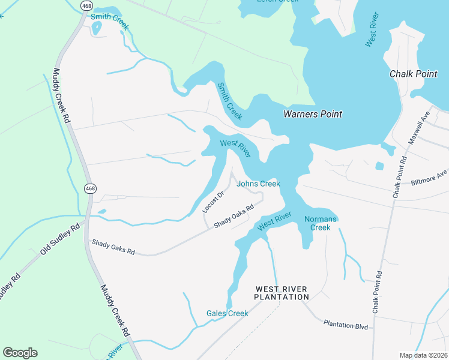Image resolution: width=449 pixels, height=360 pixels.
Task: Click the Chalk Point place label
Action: click(x=414, y=74)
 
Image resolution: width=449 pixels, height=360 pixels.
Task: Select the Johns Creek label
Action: click(x=258, y=184)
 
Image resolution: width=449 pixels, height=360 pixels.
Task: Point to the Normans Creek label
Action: click(x=321, y=223)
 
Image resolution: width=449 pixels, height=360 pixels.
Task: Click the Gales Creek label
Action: click(x=227, y=313)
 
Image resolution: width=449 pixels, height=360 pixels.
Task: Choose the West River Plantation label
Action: click(x=281, y=293)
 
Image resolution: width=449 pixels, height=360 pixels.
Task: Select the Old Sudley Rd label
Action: click(x=61, y=239)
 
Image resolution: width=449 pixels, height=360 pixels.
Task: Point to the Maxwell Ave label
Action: click(x=420, y=127)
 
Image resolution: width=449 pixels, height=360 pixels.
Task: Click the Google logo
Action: click(x=20, y=353)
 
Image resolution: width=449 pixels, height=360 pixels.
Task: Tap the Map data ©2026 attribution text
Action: click(x=424, y=355)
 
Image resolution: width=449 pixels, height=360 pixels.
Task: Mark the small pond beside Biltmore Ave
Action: click(x=379, y=166)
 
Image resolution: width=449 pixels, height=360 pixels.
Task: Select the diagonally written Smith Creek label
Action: click(x=230, y=101)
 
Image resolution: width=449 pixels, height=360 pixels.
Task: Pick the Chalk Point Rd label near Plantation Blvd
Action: click(x=378, y=292)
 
